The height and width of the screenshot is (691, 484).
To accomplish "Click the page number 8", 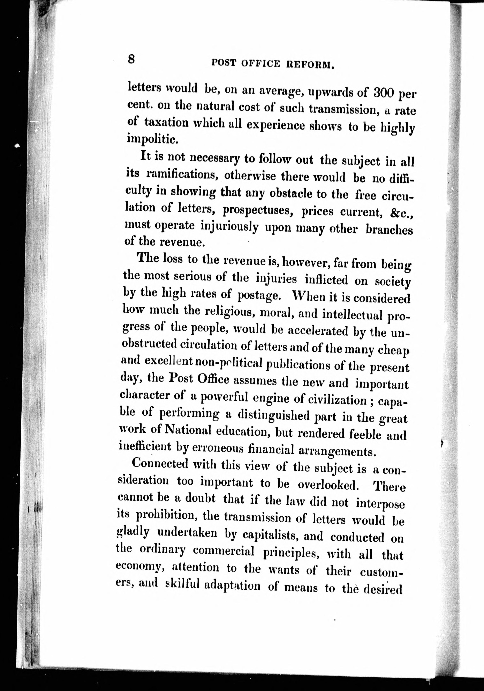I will [x=131, y=58].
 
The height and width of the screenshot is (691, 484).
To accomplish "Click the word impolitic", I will [x=149, y=138].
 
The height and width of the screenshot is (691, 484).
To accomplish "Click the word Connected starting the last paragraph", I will [x=160, y=464].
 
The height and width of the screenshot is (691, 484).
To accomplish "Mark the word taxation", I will [x=166, y=123].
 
